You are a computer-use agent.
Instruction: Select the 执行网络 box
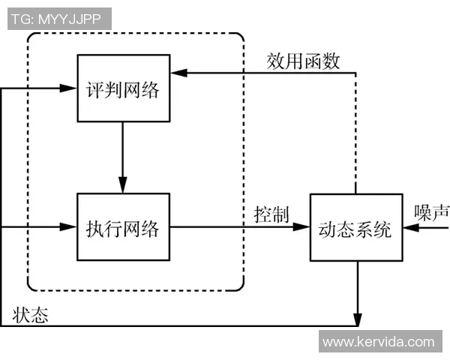123,227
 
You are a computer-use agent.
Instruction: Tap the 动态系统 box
355,227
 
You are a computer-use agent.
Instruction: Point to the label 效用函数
303,61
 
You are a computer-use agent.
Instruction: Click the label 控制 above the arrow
271,214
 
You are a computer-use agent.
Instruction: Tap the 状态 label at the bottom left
31,315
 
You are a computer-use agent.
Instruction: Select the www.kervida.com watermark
378,342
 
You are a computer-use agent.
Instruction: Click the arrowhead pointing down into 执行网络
123,186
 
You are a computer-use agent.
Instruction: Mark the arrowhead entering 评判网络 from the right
175,73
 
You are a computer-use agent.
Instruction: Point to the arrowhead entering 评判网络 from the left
71,88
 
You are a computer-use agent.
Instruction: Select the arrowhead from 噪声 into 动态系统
407,226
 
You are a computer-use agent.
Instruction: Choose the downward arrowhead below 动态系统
356,319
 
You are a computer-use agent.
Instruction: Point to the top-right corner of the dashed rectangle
241,36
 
